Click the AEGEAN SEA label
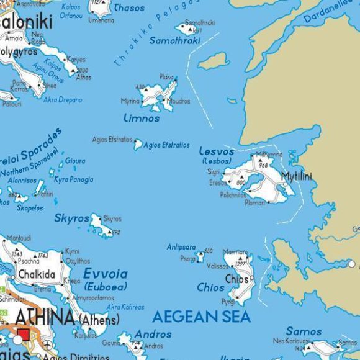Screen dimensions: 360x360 (x=202, y=317)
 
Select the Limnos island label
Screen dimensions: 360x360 (x=142, y=118)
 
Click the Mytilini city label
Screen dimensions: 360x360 (x=297, y=176)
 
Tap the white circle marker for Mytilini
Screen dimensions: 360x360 (x=285, y=184)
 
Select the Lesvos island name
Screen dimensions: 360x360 (x=217, y=151)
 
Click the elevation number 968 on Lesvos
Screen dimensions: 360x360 (x=263, y=166)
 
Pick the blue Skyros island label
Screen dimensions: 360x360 (x=72, y=218)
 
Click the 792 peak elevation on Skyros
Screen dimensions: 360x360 (x=115, y=233)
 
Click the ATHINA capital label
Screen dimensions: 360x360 (x=45, y=318)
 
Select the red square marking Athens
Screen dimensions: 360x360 (x=24, y=336)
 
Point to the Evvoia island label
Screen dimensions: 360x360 (x=106, y=274)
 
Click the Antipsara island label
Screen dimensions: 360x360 (x=181, y=247)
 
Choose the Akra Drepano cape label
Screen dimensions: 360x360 (x=62, y=99)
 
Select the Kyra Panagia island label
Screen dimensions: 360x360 (x=74, y=179)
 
